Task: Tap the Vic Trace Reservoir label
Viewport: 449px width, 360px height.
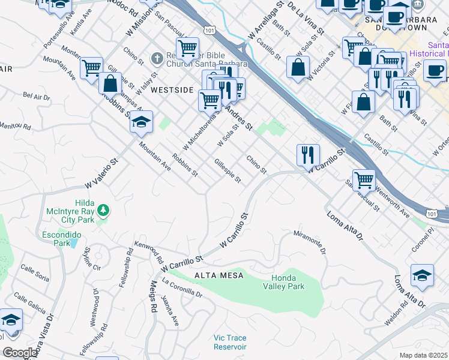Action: pyautogui.click(x=230, y=343)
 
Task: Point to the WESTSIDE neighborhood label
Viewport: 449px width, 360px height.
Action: pyautogui.click(x=172, y=90)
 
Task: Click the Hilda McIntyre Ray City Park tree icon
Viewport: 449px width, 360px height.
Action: pyautogui.click(x=104, y=210)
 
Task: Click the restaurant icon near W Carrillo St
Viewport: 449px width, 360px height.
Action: pyautogui.click(x=308, y=155)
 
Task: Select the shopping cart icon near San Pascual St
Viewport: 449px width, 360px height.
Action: pyautogui.click(x=364, y=179)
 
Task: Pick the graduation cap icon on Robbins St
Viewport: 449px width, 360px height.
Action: pyautogui.click(x=141, y=122)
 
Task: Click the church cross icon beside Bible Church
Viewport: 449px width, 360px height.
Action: pyautogui.click(x=157, y=59)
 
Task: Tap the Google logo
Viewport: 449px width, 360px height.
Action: pyautogui.click(x=20, y=353)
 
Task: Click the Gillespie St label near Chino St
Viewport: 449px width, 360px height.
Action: pyautogui.click(x=228, y=171)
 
